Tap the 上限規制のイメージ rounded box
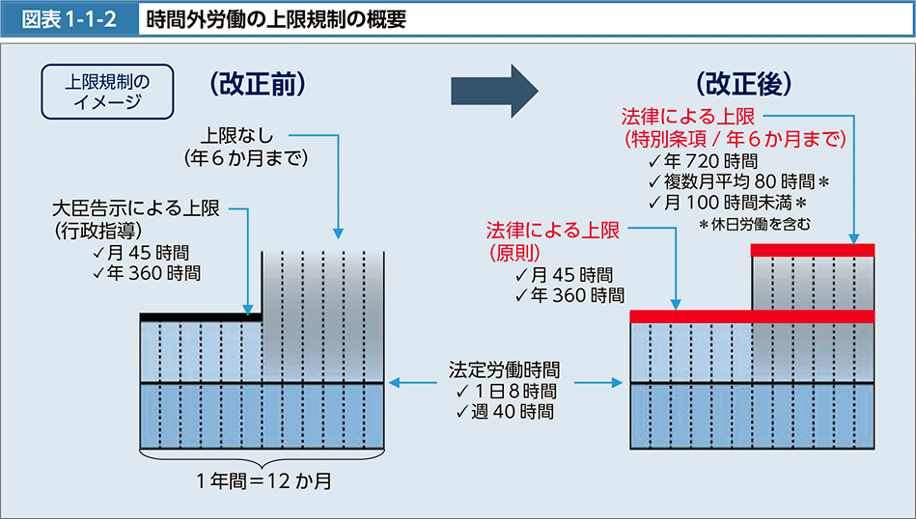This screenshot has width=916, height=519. point(106,88)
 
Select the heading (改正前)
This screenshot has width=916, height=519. point(257,84)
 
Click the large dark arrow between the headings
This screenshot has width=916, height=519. point(494,90)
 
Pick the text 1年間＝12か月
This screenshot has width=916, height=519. point(264,479)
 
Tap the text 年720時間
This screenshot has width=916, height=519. point(705,161)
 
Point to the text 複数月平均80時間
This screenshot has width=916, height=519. point(739,182)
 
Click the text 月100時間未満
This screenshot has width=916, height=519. point(728,204)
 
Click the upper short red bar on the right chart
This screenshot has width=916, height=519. point(812,251)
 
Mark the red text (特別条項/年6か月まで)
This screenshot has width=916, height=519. point(736,139)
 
